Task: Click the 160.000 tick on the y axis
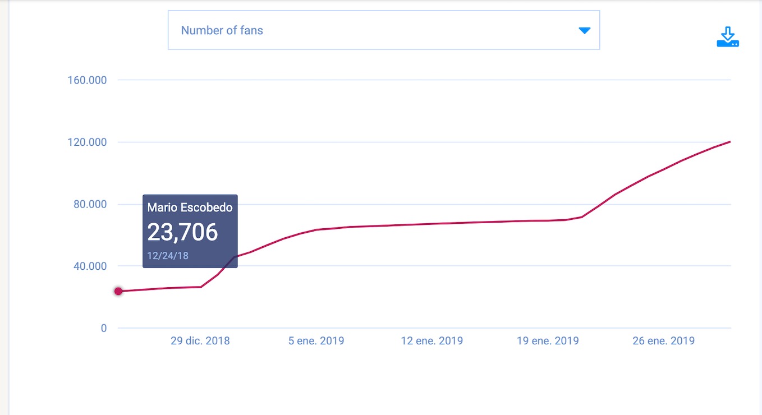pyautogui.click(x=87, y=80)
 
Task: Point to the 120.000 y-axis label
pyautogui.click(x=87, y=142)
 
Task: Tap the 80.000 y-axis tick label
pyautogui.click(x=90, y=204)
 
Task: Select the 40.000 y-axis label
pyautogui.click(x=90, y=266)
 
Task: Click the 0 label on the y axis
pyautogui.click(x=104, y=328)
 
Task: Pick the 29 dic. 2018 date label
pyautogui.click(x=200, y=341)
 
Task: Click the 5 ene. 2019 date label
pyautogui.click(x=316, y=341)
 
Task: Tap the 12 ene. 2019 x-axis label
pyautogui.click(x=432, y=341)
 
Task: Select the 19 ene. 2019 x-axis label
pyautogui.click(x=548, y=341)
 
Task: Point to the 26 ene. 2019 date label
pyautogui.click(x=663, y=341)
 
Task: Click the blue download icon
pyautogui.click(x=728, y=36)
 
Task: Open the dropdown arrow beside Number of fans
pyautogui.click(x=585, y=30)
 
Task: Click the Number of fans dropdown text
pyautogui.click(x=222, y=30)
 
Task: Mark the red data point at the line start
pyautogui.click(x=118, y=291)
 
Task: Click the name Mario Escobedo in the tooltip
pyautogui.click(x=190, y=208)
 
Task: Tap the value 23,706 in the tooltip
pyautogui.click(x=182, y=233)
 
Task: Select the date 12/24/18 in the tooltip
pyautogui.click(x=168, y=256)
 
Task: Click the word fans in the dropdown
pyautogui.click(x=251, y=30)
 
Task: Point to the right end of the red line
pyautogui.click(x=729, y=142)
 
